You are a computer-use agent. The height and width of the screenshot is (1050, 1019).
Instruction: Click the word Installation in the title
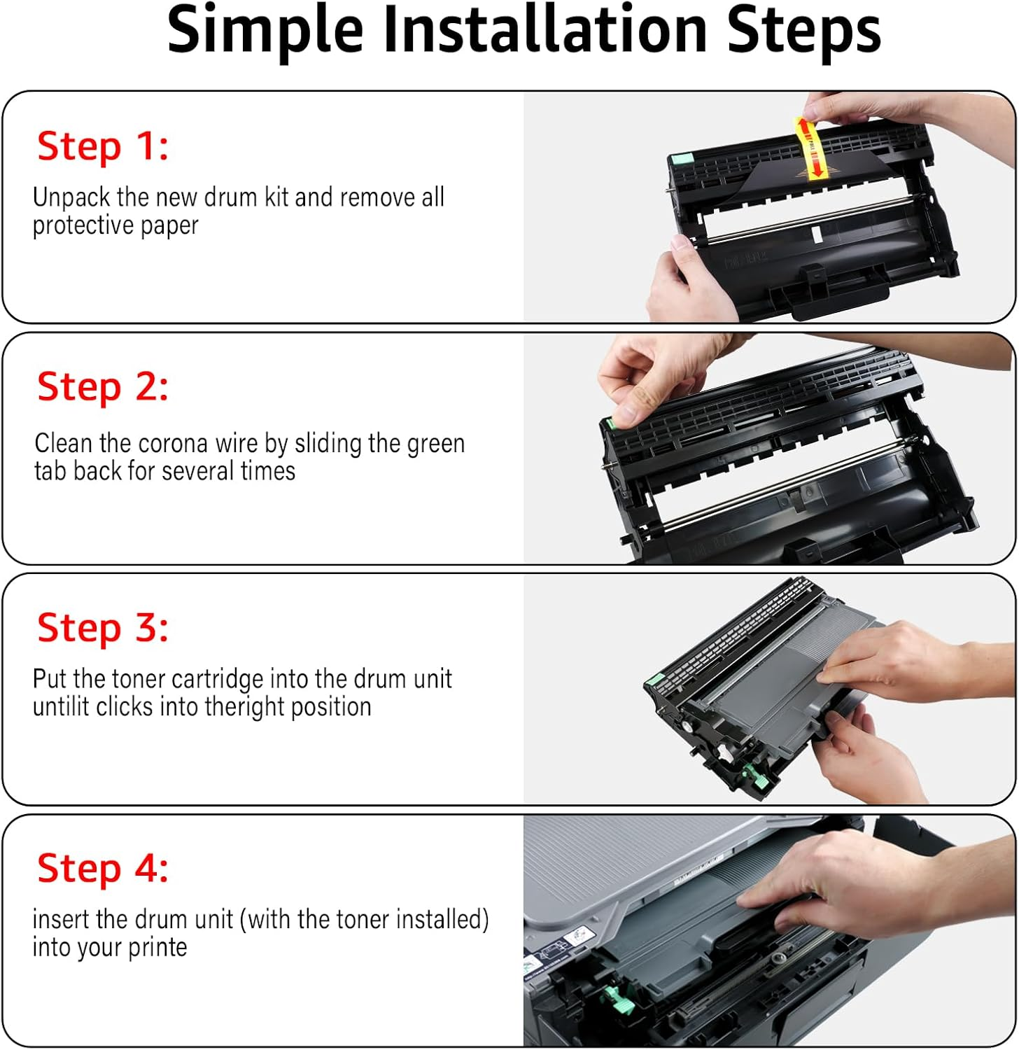[x=547, y=31]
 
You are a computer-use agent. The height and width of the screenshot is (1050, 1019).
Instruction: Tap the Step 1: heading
[x=103, y=147]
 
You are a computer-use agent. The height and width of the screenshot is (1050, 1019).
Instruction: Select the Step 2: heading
[x=103, y=387]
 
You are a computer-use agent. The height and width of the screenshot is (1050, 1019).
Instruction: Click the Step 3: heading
[x=103, y=628]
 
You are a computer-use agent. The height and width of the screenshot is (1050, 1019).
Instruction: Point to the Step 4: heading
[x=103, y=869]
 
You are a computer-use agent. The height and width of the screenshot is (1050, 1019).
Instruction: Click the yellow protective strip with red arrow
[x=810, y=148]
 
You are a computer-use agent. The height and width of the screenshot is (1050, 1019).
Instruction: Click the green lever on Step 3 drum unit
[x=752, y=773]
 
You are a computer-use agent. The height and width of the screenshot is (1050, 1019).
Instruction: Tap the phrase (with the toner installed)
[x=364, y=919]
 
